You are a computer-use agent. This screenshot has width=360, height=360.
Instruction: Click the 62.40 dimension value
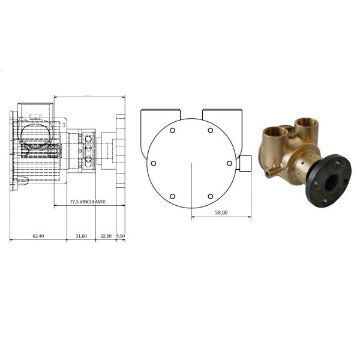pyautogui.click(x=38, y=236)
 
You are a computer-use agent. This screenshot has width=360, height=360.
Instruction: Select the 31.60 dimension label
pyautogui.click(x=81, y=236)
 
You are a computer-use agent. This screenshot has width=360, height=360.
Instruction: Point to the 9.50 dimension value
pyautogui.click(x=121, y=236)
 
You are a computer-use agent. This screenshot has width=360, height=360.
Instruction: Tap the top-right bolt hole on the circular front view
pyautogui.click(x=209, y=130)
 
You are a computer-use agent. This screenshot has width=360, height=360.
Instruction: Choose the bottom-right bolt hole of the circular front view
pyautogui.click(x=209, y=194)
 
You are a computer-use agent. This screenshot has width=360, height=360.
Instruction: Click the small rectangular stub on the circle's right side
pyautogui.click(x=240, y=163)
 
